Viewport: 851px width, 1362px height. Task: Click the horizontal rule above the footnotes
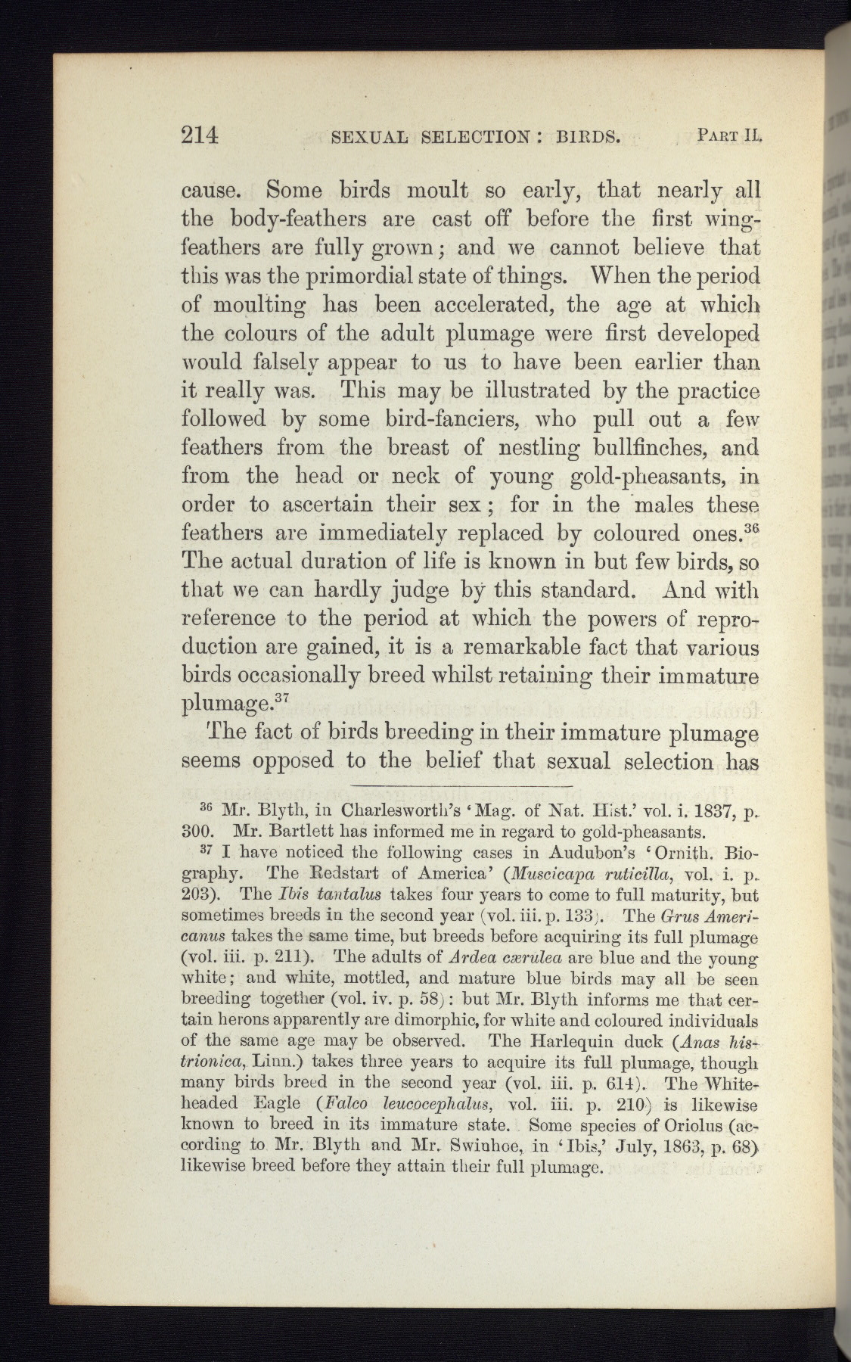click(462, 786)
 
